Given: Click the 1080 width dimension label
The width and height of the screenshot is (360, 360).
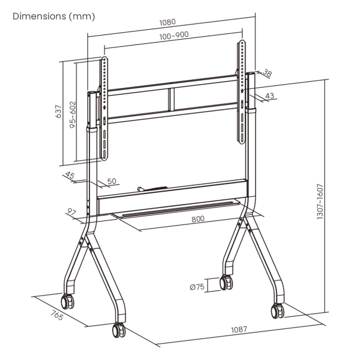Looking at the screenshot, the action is (x=167, y=22).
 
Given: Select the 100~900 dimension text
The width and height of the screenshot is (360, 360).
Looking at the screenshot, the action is (x=174, y=36).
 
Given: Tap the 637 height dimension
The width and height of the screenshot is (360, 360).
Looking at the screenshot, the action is (x=59, y=112).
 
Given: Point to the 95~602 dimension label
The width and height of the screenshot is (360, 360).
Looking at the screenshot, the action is (x=72, y=115).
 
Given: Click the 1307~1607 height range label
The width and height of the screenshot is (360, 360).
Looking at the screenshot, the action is (x=320, y=202).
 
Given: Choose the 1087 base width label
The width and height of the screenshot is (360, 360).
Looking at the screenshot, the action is (x=239, y=330).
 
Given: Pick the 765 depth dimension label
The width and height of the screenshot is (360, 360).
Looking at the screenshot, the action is (x=57, y=315).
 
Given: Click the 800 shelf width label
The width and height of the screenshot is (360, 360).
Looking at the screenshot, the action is (x=198, y=219).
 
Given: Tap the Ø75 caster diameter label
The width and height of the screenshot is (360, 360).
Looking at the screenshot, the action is (x=197, y=287).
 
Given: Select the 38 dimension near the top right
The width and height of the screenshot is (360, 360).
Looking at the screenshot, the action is (x=267, y=73).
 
